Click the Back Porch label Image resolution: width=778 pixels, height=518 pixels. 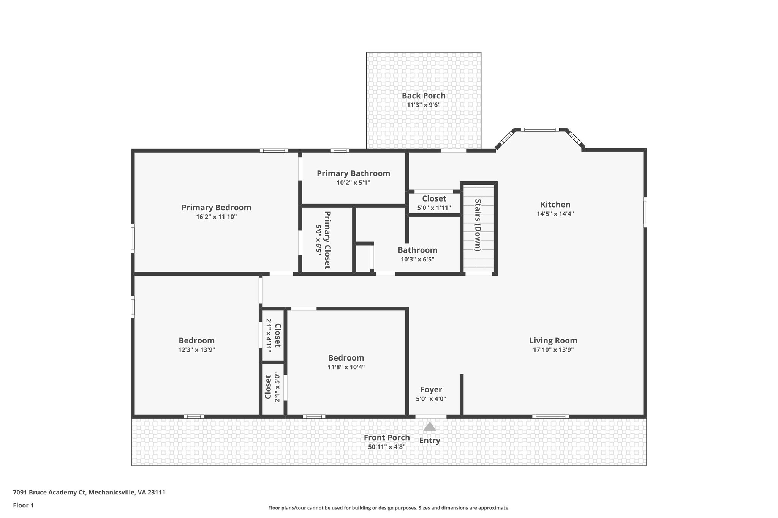click(x=423, y=96)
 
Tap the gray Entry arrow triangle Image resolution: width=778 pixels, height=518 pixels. click(x=429, y=427)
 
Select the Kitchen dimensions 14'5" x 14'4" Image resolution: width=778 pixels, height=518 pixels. click(x=555, y=214)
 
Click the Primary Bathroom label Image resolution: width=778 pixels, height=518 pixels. click(x=353, y=173)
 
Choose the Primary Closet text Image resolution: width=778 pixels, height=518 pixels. click(x=327, y=240)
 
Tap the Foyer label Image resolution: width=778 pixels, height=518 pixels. click(x=431, y=390)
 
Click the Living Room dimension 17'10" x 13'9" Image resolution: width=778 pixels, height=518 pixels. click(x=553, y=350)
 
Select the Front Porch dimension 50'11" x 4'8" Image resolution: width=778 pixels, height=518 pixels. click(x=387, y=447)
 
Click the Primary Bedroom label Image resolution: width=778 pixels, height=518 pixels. click(x=216, y=208)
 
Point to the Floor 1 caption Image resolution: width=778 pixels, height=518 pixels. click(x=23, y=505)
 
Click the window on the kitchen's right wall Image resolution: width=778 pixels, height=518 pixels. click(x=645, y=212)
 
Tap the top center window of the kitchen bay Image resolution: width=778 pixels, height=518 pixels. click(x=539, y=130)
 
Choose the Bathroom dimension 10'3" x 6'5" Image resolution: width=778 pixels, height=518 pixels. click(x=417, y=260)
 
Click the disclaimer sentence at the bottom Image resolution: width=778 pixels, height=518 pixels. click(x=389, y=508)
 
